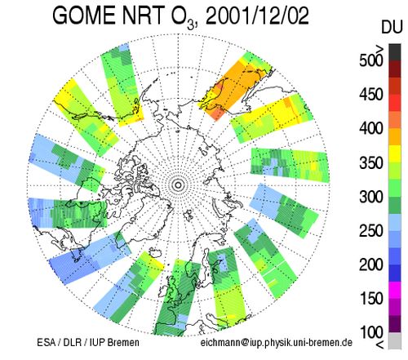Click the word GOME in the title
tap(84, 16)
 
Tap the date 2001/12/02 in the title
tap(257, 16)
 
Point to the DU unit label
tap(392, 27)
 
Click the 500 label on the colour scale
tap(371, 60)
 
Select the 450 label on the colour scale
tap(371, 95)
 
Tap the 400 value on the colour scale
tap(371, 128)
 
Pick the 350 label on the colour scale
tap(371, 162)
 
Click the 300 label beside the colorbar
tap(371, 197)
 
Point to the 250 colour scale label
tap(371, 230)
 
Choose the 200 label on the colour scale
tap(371, 264)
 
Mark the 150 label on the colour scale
tap(371, 298)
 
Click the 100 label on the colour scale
tap(371, 331)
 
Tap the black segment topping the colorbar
tap(395, 52)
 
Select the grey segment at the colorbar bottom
tap(395, 340)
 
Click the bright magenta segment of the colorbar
tap(395, 290)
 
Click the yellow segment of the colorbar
tap(395, 153)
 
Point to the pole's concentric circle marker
tap(178, 185)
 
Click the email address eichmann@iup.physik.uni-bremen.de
tap(276, 343)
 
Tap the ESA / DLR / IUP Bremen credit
tap(88, 342)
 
